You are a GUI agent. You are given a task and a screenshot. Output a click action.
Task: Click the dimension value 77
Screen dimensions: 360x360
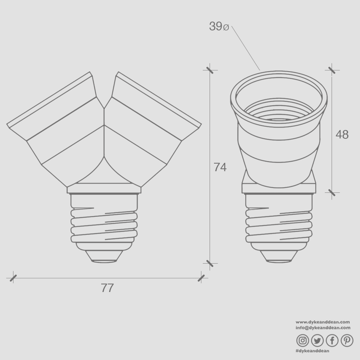(x=107, y=288)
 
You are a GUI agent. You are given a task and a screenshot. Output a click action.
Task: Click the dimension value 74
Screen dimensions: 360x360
(x=220, y=167)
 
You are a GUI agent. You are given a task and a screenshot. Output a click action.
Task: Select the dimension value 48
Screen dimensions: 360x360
(x=342, y=135)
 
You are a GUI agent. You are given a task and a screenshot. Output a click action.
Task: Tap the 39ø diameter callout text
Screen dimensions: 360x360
(x=219, y=26)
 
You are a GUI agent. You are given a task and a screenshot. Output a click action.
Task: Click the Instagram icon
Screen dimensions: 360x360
(x=303, y=340)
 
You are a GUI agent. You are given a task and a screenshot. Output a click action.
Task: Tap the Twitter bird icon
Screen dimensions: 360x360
(x=317, y=340)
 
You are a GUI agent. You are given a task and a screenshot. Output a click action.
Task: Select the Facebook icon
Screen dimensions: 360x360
(x=332, y=340)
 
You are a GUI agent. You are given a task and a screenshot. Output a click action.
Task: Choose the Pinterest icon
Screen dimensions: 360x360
(x=347, y=340)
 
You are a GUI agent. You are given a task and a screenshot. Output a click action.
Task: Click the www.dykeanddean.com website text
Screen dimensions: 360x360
(x=323, y=322)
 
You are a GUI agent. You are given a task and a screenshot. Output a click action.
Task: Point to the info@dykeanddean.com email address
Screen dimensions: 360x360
(x=323, y=327)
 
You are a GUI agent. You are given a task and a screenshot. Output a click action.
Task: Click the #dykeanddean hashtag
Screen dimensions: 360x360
(x=312, y=351)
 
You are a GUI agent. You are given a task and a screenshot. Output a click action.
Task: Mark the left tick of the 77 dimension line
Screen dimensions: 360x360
(x=13, y=278)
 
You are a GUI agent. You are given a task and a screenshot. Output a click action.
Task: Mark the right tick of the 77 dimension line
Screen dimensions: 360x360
(x=201, y=278)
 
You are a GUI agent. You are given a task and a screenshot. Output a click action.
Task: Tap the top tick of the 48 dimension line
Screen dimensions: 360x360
(x=332, y=70)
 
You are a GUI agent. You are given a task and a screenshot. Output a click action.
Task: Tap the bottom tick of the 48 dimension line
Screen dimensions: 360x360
(x=332, y=192)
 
